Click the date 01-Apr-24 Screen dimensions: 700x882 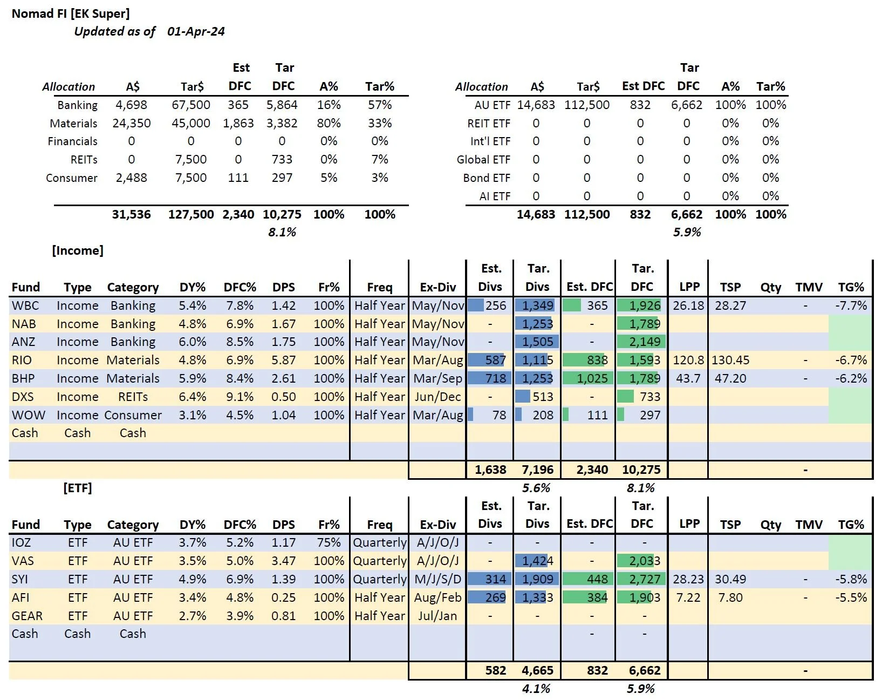click(196, 31)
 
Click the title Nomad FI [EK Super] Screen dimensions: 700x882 click(71, 13)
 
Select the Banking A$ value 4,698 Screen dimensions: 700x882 click(131, 105)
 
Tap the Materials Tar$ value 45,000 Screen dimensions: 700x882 click(191, 123)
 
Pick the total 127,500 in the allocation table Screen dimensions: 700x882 click(191, 214)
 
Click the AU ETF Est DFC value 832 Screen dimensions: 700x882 click(640, 105)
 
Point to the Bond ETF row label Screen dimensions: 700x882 click(486, 178)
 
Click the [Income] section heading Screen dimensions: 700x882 click(78, 250)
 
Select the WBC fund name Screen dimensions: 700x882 click(25, 305)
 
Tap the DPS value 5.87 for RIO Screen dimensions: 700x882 click(283, 360)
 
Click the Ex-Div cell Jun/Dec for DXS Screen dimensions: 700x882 click(437, 397)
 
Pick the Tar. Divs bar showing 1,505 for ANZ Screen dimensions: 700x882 click(537, 342)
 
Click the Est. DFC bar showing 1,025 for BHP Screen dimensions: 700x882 click(588, 378)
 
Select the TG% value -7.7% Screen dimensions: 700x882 click(851, 305)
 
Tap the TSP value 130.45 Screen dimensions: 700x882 click(730, 360)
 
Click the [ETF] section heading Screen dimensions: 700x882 click(78, 488)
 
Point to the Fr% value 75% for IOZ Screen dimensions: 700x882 click(329, 542)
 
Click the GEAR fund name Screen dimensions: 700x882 click(27, 616)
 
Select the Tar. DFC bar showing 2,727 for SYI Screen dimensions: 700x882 click(642, 579)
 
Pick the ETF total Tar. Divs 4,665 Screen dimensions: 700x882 click(537, 670)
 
